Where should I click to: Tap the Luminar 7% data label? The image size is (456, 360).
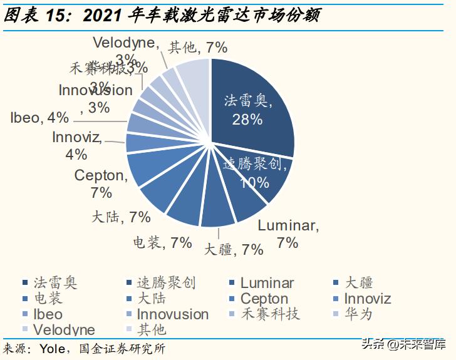tap(288, 234)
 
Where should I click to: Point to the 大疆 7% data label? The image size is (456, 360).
tap(234, 250)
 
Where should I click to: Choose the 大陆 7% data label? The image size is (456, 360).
tap(121, 217)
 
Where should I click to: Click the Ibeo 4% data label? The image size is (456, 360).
tap(39, 118)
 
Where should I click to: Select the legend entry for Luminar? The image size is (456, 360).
tap(267, 283)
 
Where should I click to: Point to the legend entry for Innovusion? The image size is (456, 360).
tap(172, 314)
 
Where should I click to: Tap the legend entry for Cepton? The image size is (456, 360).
tap(264, 299)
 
